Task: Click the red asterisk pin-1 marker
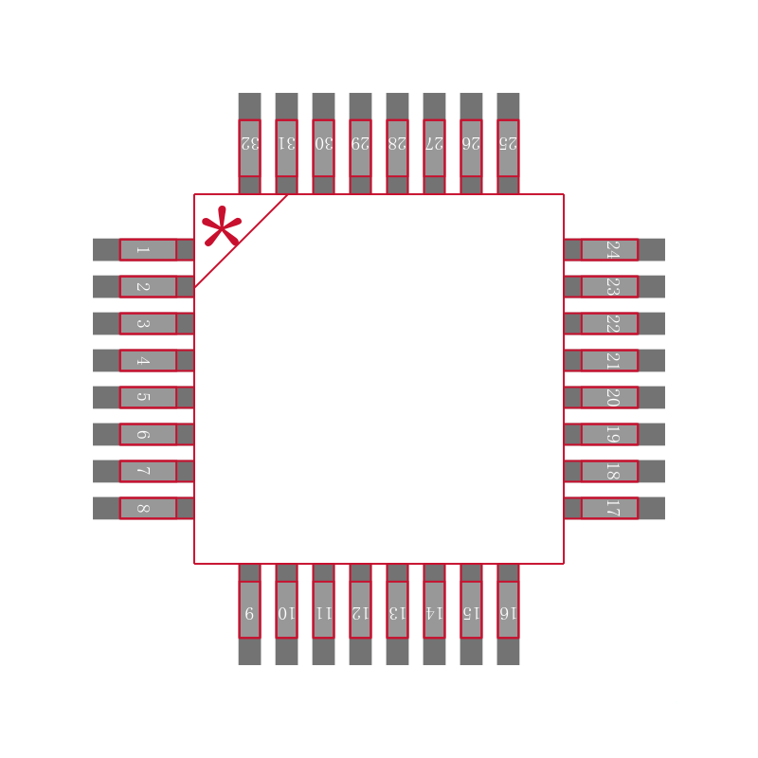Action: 222,226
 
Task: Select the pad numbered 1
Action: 148,249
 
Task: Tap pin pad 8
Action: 148,508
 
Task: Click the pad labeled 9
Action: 249,609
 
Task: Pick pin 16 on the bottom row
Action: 508,609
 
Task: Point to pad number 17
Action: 609,508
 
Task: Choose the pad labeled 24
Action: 609,249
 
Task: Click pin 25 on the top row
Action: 508,148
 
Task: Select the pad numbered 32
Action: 249,148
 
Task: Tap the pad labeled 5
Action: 148,397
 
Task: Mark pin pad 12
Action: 360,609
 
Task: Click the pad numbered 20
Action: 609,397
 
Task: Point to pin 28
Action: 397,148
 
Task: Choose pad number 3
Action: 148,323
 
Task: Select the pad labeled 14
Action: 434,609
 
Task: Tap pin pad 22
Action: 609,323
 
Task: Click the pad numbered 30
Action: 323,148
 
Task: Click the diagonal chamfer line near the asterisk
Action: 241,241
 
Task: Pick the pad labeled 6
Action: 148,434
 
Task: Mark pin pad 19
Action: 609,434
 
